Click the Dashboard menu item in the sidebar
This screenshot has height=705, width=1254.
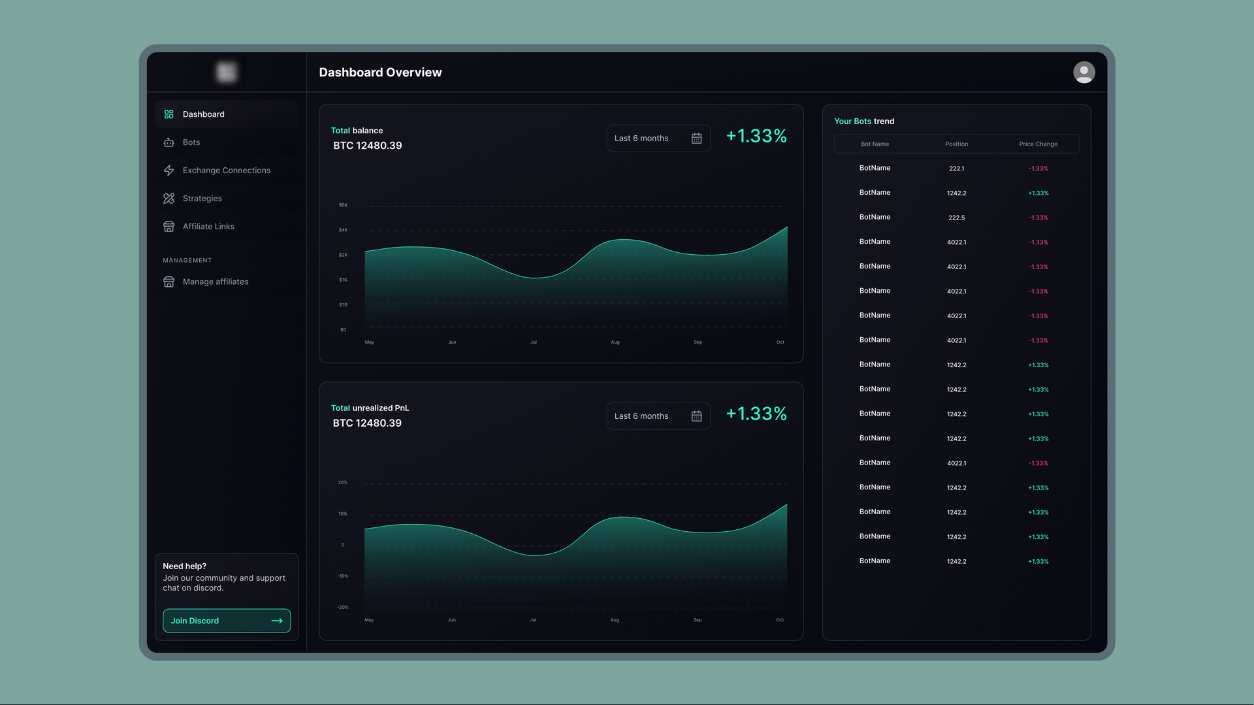(203, 114)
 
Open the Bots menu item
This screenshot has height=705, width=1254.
(191, 142)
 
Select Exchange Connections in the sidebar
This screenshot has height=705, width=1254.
(226, 171)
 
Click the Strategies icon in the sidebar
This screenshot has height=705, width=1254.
(169, 199)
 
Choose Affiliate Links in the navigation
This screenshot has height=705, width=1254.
(208, 227)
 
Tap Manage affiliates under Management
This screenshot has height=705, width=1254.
(215, 282)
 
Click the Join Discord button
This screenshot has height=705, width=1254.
(227, 621)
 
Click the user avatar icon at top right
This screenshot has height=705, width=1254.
(1084, 73)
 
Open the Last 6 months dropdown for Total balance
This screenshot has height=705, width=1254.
(657, 139)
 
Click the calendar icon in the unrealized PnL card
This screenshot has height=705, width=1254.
(696, 417)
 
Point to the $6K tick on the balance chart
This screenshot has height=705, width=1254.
(343, 205)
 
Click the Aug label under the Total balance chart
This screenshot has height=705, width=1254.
(615, 342)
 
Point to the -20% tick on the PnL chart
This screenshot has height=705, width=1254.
(343, 608)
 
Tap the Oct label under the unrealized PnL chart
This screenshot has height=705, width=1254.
(779, 620)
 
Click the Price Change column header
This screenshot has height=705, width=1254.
(1038, 144)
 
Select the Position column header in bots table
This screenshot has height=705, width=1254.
(956, 144)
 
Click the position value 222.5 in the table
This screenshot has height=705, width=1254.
(956, 218)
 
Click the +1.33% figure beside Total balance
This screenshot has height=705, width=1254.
(756, 136)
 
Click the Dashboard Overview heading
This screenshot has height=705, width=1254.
(380, 73)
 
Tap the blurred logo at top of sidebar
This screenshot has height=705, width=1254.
(227, 73)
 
